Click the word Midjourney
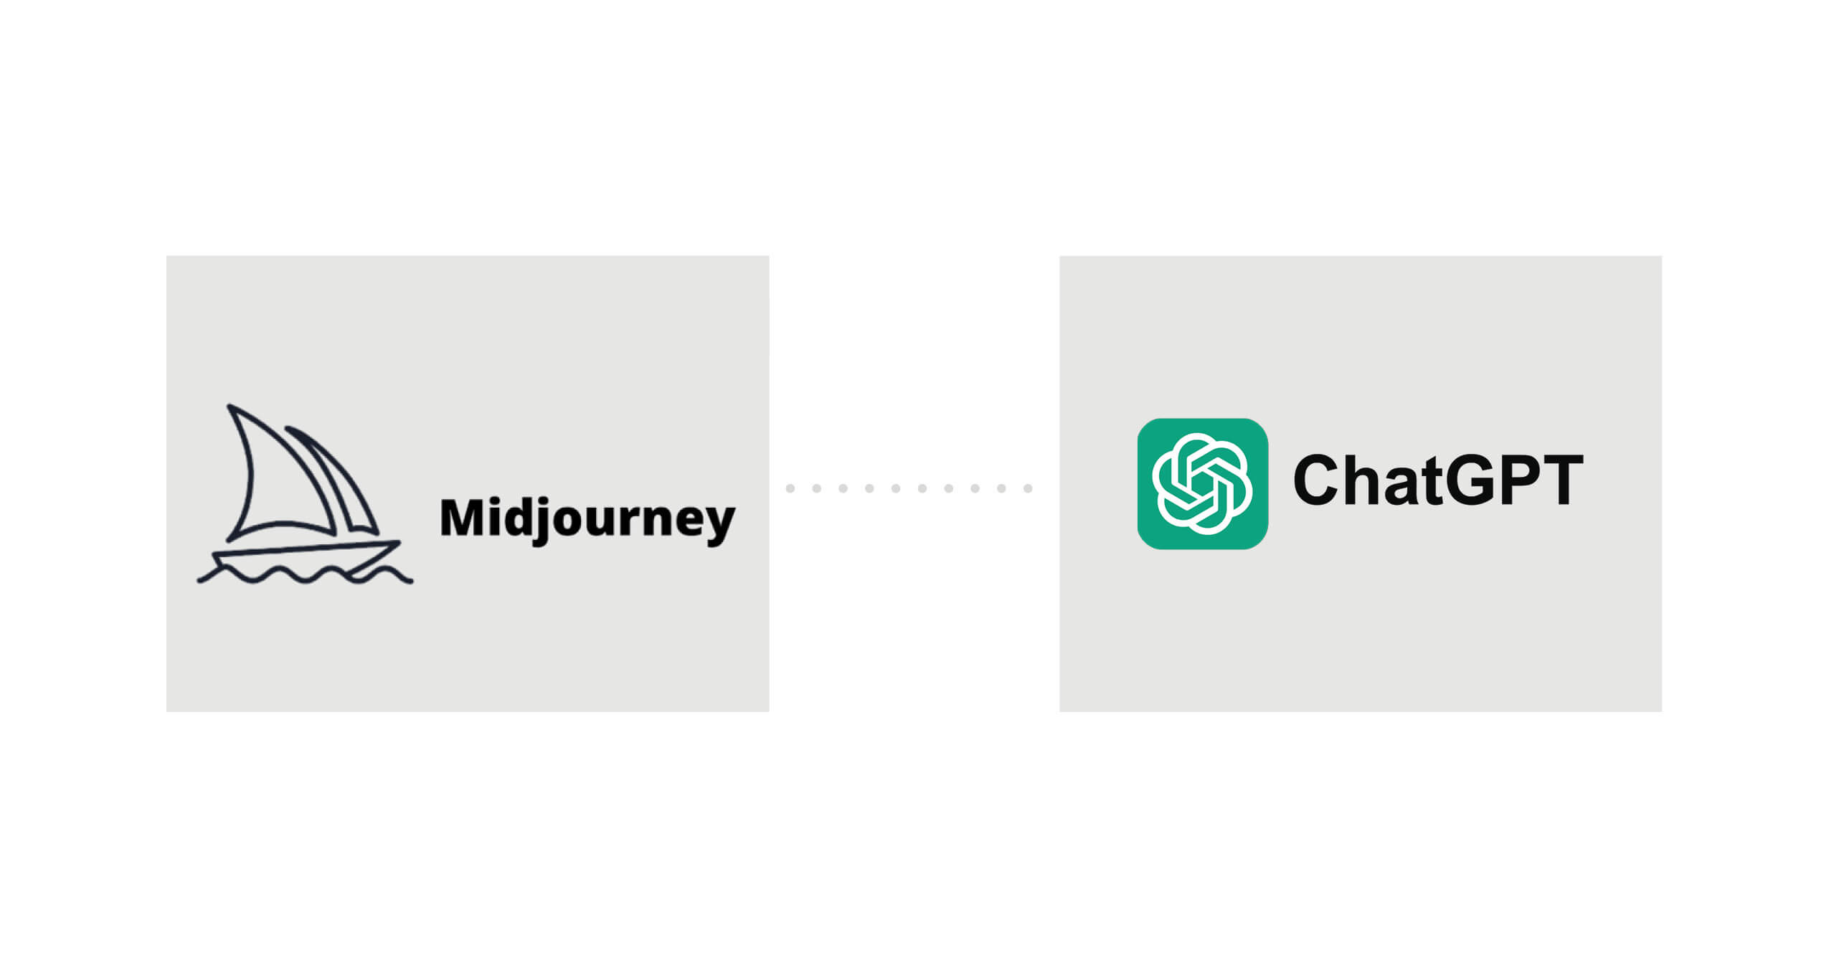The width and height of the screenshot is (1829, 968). tap(587, 519)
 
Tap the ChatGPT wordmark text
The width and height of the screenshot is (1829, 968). tap(1437, 480)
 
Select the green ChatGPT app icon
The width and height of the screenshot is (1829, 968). tap(1202, 484)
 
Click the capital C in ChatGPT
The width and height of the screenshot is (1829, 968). tap(1318, 480)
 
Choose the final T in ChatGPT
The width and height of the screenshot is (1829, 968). tap(1564, 480)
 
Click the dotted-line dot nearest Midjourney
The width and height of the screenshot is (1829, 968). tap(790, 488)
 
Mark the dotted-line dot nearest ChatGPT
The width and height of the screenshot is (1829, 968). tap(1028, 488)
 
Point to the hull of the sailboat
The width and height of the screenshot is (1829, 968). tap(305, 558)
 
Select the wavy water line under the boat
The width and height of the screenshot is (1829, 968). tap(305, 574)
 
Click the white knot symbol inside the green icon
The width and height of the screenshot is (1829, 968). tap(1202, 484)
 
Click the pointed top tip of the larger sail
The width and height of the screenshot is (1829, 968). tap(229, 407)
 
